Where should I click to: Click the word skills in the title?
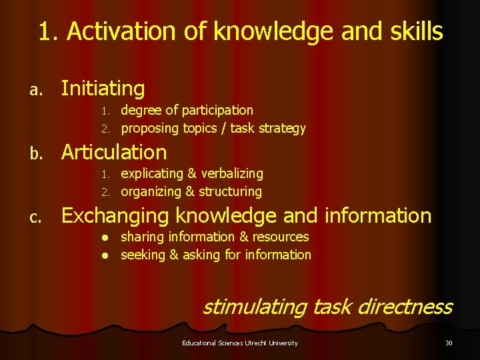click(x=413, y=31)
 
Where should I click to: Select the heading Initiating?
click(x=103, y=88)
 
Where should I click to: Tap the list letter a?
click(x=39, y=89)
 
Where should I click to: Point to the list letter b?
click(x=39, y=153)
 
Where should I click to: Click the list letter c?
click(x=39, y=217)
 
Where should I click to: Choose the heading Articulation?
click(x=114, y=152)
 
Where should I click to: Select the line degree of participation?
click(x=187, y=110)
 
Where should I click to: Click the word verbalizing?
click(x=234, y=173)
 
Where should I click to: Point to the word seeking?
click(x=142, y=255)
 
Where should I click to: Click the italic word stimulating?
click(x=254, y=307)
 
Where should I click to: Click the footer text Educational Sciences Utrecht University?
click(x=240, y=343)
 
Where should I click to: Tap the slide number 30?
click(x=448, y=343)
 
